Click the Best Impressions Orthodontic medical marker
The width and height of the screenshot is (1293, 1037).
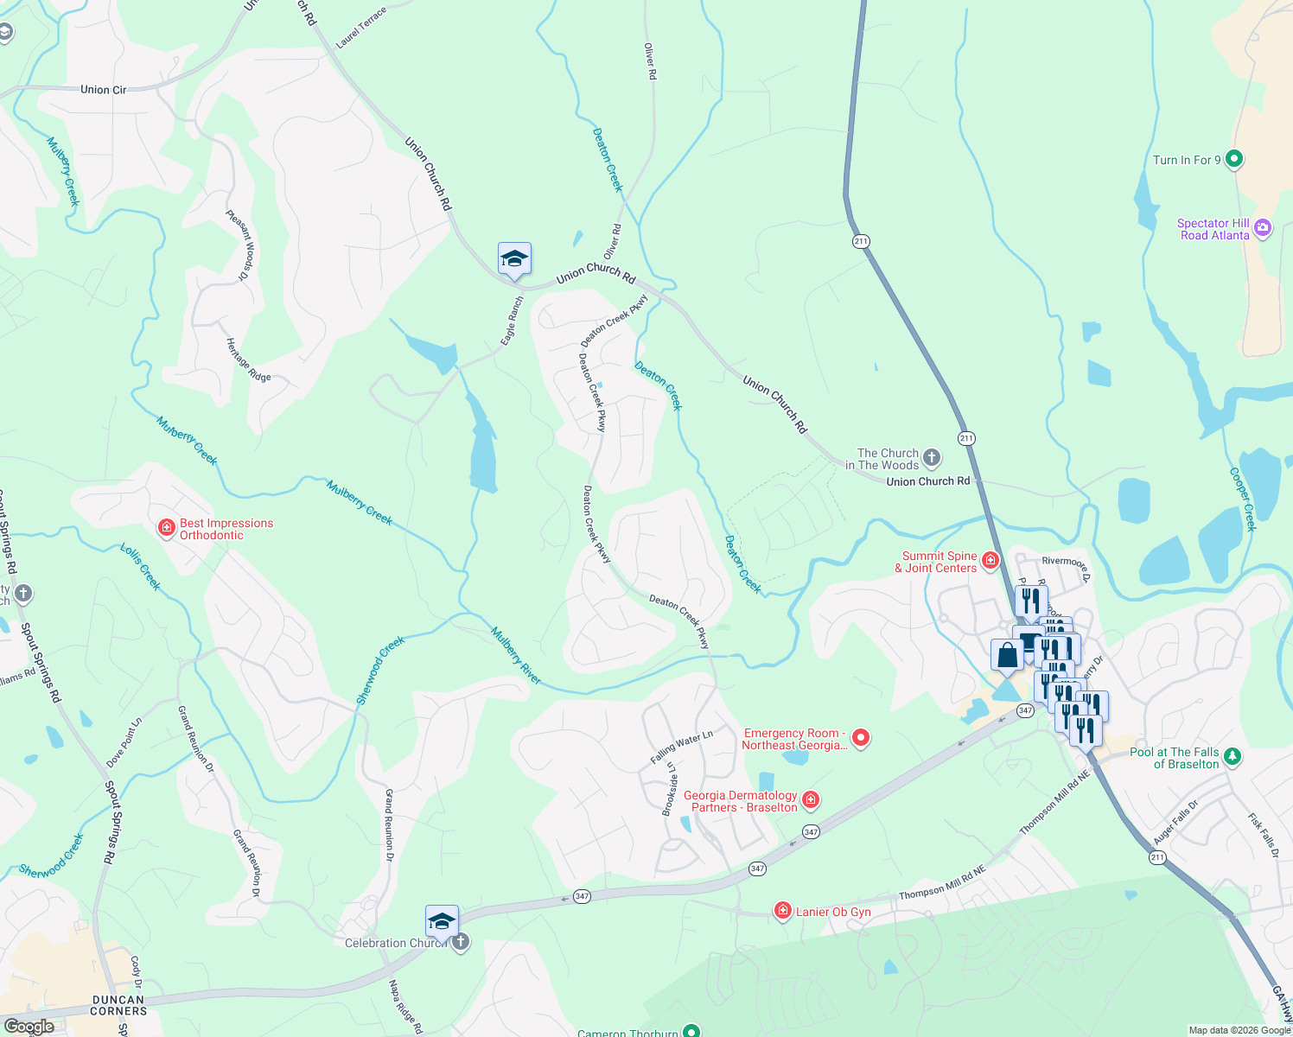pos(167,528)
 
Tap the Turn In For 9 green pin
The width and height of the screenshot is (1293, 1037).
pos(1234,159)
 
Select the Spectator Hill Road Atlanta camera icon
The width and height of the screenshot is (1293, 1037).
pos(1263,228)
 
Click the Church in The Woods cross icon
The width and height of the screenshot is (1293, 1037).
pos(931,457)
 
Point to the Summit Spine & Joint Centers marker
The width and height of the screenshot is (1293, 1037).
pos(990,561)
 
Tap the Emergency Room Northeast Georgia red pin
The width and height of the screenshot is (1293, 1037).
pos(860,737)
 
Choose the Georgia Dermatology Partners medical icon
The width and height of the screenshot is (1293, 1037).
pos(810,800)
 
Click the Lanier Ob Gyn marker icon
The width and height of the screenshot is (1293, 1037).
pos(782,911)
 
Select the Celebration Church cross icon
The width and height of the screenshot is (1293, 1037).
pos(461,942)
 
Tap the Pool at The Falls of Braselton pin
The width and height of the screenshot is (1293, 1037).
pos(1233,756)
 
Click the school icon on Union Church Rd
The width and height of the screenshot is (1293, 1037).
pos(514,258)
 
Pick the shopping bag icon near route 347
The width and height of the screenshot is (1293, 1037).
pos(1007,655)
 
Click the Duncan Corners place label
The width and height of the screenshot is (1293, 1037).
pos(119,1005)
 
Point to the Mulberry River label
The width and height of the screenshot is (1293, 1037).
pos(516,656)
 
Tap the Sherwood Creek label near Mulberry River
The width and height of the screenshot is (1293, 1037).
pos(380,670)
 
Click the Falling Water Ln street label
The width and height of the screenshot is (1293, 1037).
pos(681,747)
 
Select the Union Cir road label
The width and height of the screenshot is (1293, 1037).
pos(103,90)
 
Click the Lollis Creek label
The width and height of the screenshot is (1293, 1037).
pos(140,567)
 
